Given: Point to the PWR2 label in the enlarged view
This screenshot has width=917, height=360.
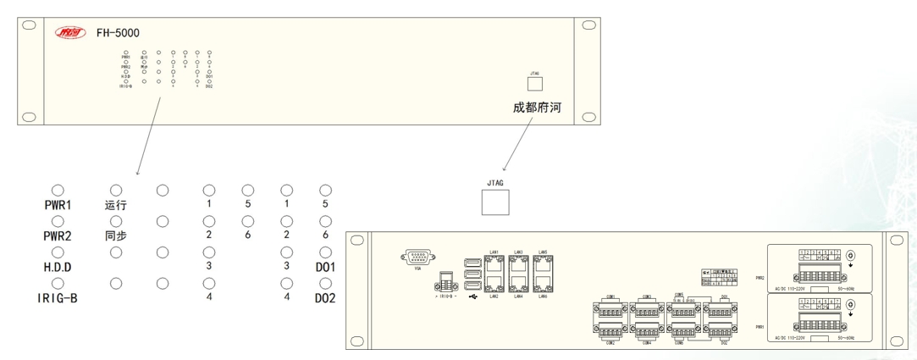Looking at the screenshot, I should pyautogui.click(x=58, y=236).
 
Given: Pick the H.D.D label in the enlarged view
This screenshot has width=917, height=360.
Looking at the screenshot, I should pyautogui.click(x=58, y=268).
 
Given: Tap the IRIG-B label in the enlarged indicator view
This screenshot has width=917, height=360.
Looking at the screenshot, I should pyautogui.click(x=58, y=298).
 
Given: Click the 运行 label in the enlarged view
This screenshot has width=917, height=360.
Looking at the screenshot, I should pyautogui.click(x=115, y=204).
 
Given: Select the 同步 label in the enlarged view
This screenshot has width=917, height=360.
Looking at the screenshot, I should pyautogui.click(x=115, y=236).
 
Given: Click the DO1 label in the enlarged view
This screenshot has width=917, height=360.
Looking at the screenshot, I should pyautogui.click(x=326, y=268).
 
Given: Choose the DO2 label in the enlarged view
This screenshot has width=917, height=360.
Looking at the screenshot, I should pyautogui.click(x=326, y=298).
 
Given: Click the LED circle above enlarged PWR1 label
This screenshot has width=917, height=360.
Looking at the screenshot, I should pyautogui.click(x=58, y=190).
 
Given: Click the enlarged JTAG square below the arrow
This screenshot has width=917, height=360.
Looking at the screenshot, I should pyautogui.click(x=495, y=202).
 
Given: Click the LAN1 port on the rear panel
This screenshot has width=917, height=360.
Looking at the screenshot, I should pyautogui.click(x=492, y=261).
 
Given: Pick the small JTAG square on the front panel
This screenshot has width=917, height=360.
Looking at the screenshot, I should pyautogui.click(x=534, y=86).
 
